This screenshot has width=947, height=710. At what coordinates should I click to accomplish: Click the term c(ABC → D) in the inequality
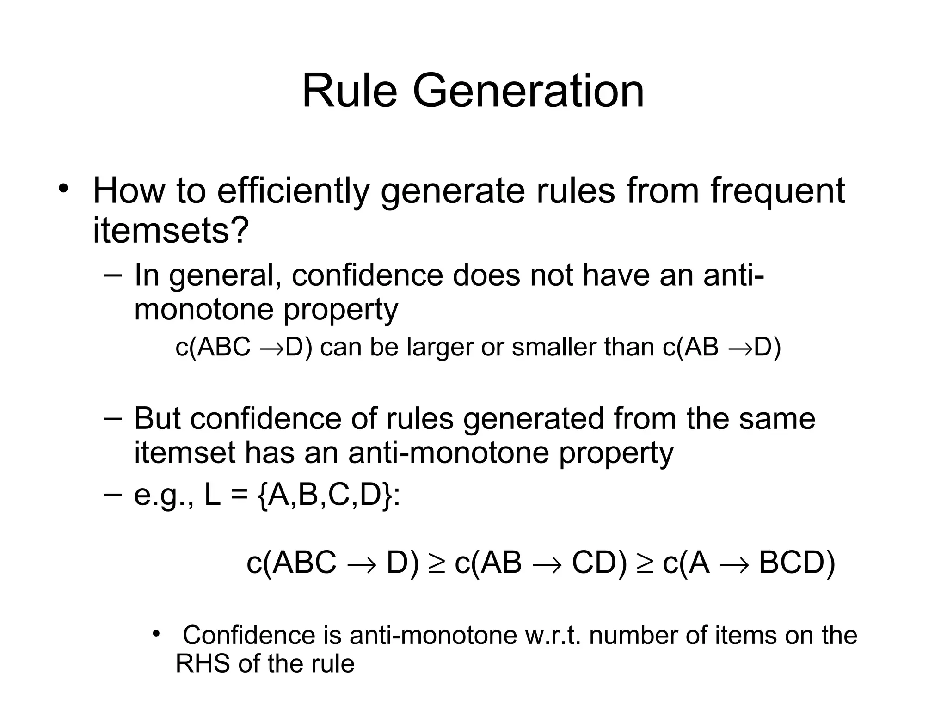[332, 563]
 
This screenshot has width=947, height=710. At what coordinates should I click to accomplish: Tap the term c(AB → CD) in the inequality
[541, 563]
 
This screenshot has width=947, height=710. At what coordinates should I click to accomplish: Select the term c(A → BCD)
[749, 563]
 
